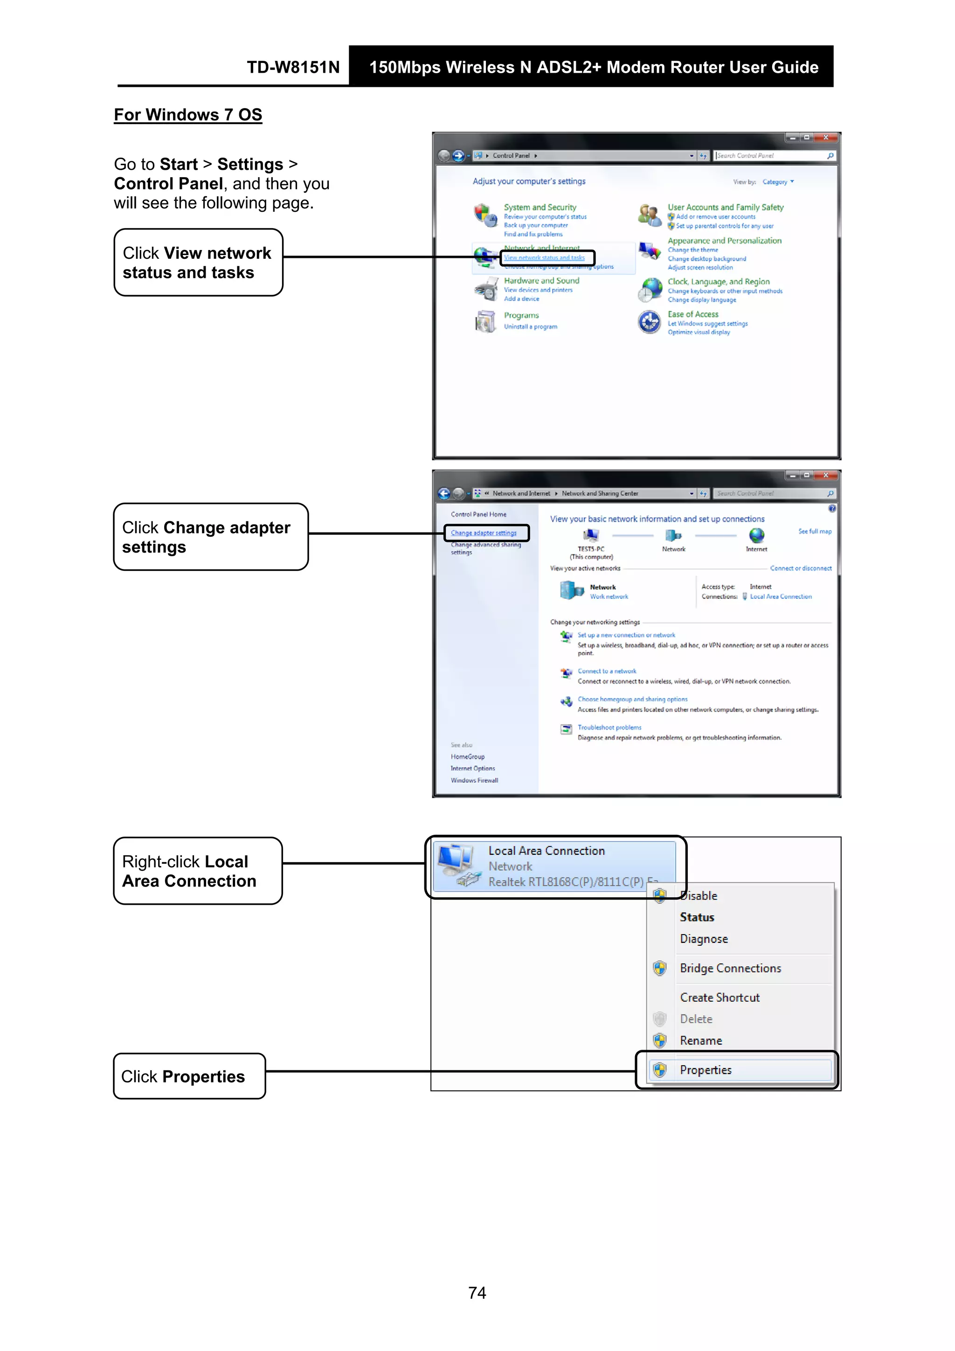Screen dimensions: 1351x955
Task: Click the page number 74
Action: coord(477,1293)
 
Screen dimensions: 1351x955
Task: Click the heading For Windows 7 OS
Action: coord(188,115)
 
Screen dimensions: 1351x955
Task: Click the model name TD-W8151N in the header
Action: coord(293,67)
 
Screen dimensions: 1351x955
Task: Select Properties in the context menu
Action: coord(706,1070)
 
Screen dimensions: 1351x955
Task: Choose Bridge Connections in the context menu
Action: coord(730,968)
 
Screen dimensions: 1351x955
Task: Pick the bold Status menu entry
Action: coord(697,917)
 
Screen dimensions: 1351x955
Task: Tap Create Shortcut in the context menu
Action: coord(720,998)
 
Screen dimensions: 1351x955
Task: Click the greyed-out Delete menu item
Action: coord(696,1018)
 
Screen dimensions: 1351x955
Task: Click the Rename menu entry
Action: coord(701,1040)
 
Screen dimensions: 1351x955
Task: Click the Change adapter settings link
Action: coord(484,533)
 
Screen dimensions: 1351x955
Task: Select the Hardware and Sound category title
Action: coord(541,281)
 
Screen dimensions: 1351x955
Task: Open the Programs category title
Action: coord(521,315)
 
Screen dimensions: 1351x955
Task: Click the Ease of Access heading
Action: coord(692,314)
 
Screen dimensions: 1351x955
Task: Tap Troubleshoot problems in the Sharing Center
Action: coord(609,727)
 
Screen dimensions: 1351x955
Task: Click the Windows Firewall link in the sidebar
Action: coord(474,780)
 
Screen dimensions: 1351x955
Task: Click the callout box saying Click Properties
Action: coord(189,1076)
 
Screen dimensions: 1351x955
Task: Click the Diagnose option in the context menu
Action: coord(704,939)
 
